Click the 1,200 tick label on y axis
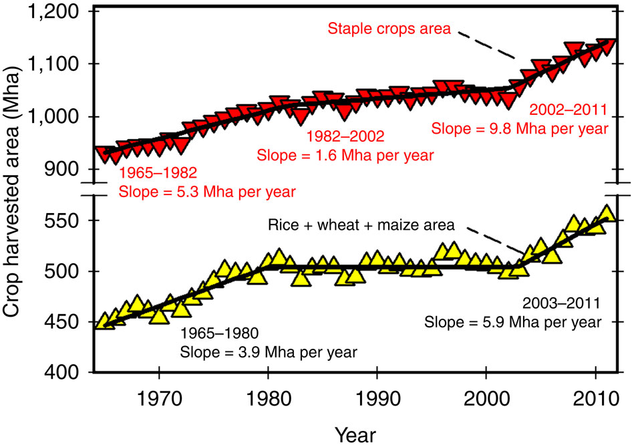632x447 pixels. pyautogui.click(x=57, y=13)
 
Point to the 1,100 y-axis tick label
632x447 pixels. pyautogui.click(x=57, y=65)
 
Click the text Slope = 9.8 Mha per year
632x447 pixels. pyautogui.click(x=519, y=128)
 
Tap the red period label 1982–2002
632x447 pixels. pyautogui.click(x=345, y=137)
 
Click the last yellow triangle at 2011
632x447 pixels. pyautogui.click(x=606, y=213)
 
